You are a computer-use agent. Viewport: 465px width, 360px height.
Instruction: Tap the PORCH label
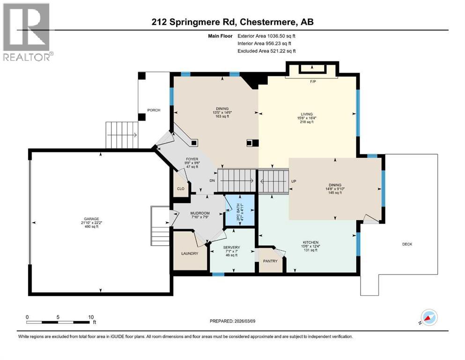click(x=154, y=110)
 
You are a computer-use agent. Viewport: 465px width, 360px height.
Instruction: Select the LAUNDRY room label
click(x=190, y=254)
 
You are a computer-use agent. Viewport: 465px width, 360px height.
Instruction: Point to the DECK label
click(x=407, y=244)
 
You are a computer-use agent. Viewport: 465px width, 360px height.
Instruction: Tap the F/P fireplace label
click(x=313, y=81)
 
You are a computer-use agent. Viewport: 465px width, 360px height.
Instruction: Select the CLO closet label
click(x=180, y=189)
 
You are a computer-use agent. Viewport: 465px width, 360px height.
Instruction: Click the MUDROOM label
click(x=199, y=213)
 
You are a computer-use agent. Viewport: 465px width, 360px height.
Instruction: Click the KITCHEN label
click(x=310, y=242)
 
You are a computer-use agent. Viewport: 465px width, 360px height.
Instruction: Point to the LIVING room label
click(x=307, y=113)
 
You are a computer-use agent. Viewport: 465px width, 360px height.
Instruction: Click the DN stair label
click(x=212, y=180)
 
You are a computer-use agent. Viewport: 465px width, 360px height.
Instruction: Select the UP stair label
click(x=294, y=181)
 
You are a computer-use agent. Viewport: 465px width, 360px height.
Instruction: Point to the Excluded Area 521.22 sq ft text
click(x=266, y=51)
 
